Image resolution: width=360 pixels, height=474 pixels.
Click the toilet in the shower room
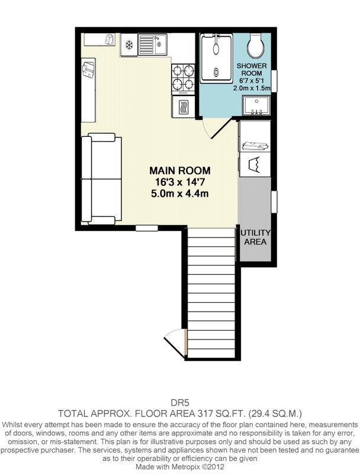(256, 46)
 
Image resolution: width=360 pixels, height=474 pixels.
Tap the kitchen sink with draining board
(153, 44)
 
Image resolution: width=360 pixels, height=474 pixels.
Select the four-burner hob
(183, 79)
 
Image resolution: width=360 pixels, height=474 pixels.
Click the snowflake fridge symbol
(129, 46)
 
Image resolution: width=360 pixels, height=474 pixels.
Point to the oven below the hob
(183, 107)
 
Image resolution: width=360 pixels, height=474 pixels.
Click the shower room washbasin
(256, 105)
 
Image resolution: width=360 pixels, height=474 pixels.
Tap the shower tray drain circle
(216, 72)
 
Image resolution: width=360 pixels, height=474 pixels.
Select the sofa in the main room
(101, 179)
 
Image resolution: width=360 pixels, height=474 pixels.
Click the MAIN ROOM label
(180, 171)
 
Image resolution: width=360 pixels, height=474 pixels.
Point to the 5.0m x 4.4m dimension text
(180, 194)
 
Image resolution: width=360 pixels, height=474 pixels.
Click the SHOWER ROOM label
(252, 69)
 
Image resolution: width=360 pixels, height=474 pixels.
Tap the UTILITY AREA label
(255, 238)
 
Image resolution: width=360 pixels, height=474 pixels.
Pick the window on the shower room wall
(274, 81)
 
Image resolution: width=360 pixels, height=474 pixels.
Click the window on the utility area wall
(274, 201)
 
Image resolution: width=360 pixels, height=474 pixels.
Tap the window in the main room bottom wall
(147, 228)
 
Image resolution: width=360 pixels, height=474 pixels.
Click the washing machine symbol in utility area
(255, 165)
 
